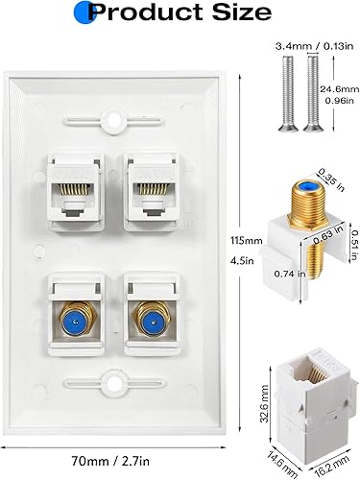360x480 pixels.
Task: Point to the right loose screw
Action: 313,97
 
